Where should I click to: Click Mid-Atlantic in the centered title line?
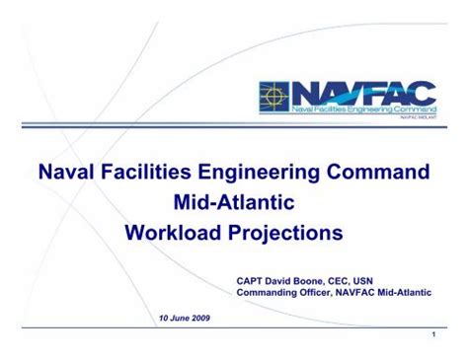pos(233,203)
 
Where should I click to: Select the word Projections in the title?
pos(285,236)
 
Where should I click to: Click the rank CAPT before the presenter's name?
pos(251,279)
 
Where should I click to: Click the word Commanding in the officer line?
pos(273,292)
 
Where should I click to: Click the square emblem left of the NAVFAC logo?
pos(273,95)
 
